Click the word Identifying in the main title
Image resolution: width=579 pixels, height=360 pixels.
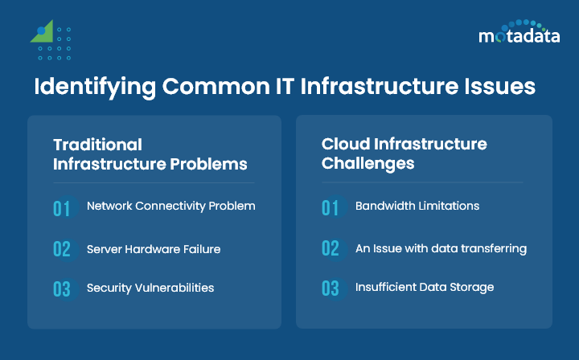pyautogui.click(x=88, y=87)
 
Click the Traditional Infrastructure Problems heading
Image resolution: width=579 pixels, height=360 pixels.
pyautogui.click(x=150, y=154)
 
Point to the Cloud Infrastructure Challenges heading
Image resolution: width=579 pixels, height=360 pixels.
pyautogui.click(x=404, y=153)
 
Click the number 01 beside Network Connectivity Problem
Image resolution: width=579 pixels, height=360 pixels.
pyautogui.click(x=62, y=208)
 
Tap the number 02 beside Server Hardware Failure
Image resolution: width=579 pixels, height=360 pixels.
pyautogui.click(x=62, y=249)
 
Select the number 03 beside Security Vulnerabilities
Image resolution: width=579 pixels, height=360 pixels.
pyautogui.click(x=62, y=289)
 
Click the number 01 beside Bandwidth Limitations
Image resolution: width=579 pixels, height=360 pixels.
pyautogui.click(x=331, y=208)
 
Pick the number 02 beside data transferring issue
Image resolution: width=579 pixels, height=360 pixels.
pyautogui.click(x=331, y=249)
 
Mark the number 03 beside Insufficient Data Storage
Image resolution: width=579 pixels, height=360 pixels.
pyautogui.click(x=331, y=289)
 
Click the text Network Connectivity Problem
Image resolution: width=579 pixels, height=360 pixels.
pyautogui.click(x=170, y=206)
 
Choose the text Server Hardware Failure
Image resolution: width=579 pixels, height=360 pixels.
pyautogui.click(x=154, y=249)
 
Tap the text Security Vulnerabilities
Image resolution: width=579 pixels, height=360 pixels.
pyautogui.click(x=150, y=288)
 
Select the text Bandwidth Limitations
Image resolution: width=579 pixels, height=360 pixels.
pyautogui.click(x=417, y=206)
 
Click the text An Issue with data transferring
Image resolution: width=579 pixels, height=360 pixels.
pyautogui.click(x=441, y=248)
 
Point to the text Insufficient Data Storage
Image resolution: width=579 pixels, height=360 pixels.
pyautogui.click(x=425, y=287)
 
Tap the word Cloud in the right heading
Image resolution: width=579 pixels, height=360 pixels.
pyautogui.click(x=343, y=145)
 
